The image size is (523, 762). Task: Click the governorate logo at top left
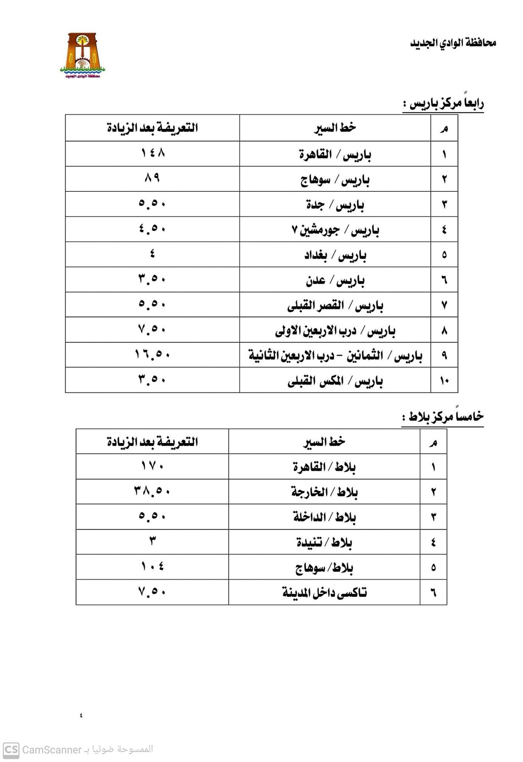pos(82,55)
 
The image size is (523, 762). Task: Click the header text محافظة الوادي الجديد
pos(453,43)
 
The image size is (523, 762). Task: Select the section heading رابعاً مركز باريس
pos(443,104)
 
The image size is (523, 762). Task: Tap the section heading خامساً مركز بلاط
pos(443,417)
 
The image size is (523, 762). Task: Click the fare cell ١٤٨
pos(152,153)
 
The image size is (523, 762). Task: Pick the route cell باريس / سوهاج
pos(335,180)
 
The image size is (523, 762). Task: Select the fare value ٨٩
pos(152,178)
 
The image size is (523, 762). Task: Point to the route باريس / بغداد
pos(335,255)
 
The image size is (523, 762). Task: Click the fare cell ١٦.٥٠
pos(152,354)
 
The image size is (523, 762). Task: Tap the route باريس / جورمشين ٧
pos(335,230)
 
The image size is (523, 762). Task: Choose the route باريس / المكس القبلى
pos(335,381)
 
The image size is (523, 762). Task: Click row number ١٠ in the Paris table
pos(444,381)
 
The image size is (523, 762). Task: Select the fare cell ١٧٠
pos(152,467)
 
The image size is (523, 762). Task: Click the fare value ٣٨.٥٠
pos(152,491)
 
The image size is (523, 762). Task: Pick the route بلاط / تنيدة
pos(324,542)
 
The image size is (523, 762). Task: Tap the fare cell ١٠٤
pos(152,566)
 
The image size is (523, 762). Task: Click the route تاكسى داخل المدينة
pos(324,593)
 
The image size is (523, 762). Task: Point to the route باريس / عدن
pos(335,280)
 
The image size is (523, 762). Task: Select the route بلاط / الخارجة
pos(324,492)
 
